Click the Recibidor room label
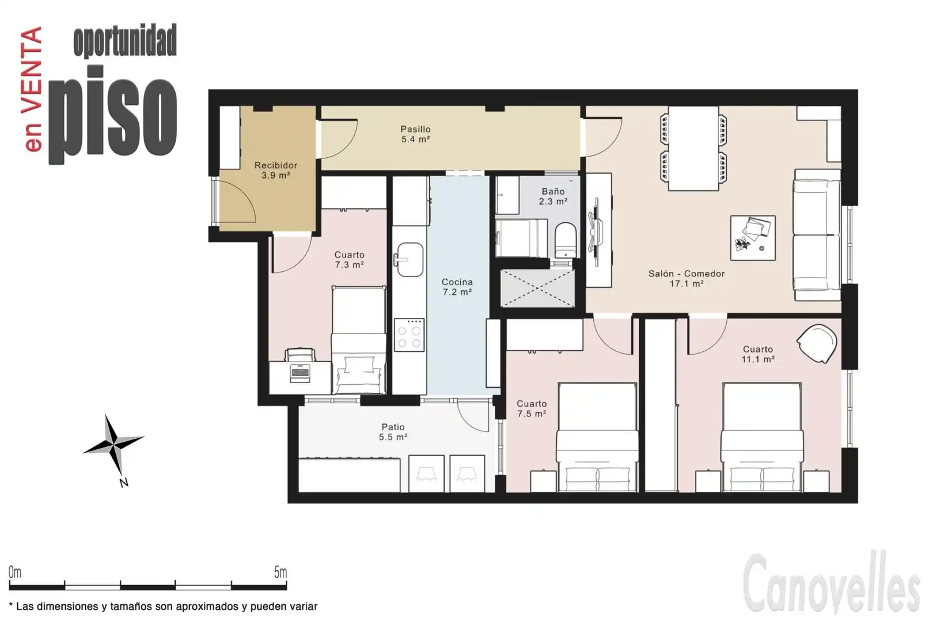[x=276, y=170]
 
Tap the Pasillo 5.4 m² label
[x=415, y=134]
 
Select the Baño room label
[x=553, y=196]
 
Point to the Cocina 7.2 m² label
[x=457, y=287]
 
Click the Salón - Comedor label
[x=687, y=279]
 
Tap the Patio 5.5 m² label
[x=393, y=432]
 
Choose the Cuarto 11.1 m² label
[x=758, y=354]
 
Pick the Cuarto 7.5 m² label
[x=532, y=409]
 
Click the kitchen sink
[x=410, y=260]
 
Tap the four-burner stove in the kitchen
[x=409, y=335]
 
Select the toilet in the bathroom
[x=565, y=240]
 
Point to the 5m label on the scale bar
[x=280, y=572]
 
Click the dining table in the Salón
[x=693, y=149]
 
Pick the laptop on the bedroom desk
[x=300, y=373]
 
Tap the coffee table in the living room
[x=753, y=238]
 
